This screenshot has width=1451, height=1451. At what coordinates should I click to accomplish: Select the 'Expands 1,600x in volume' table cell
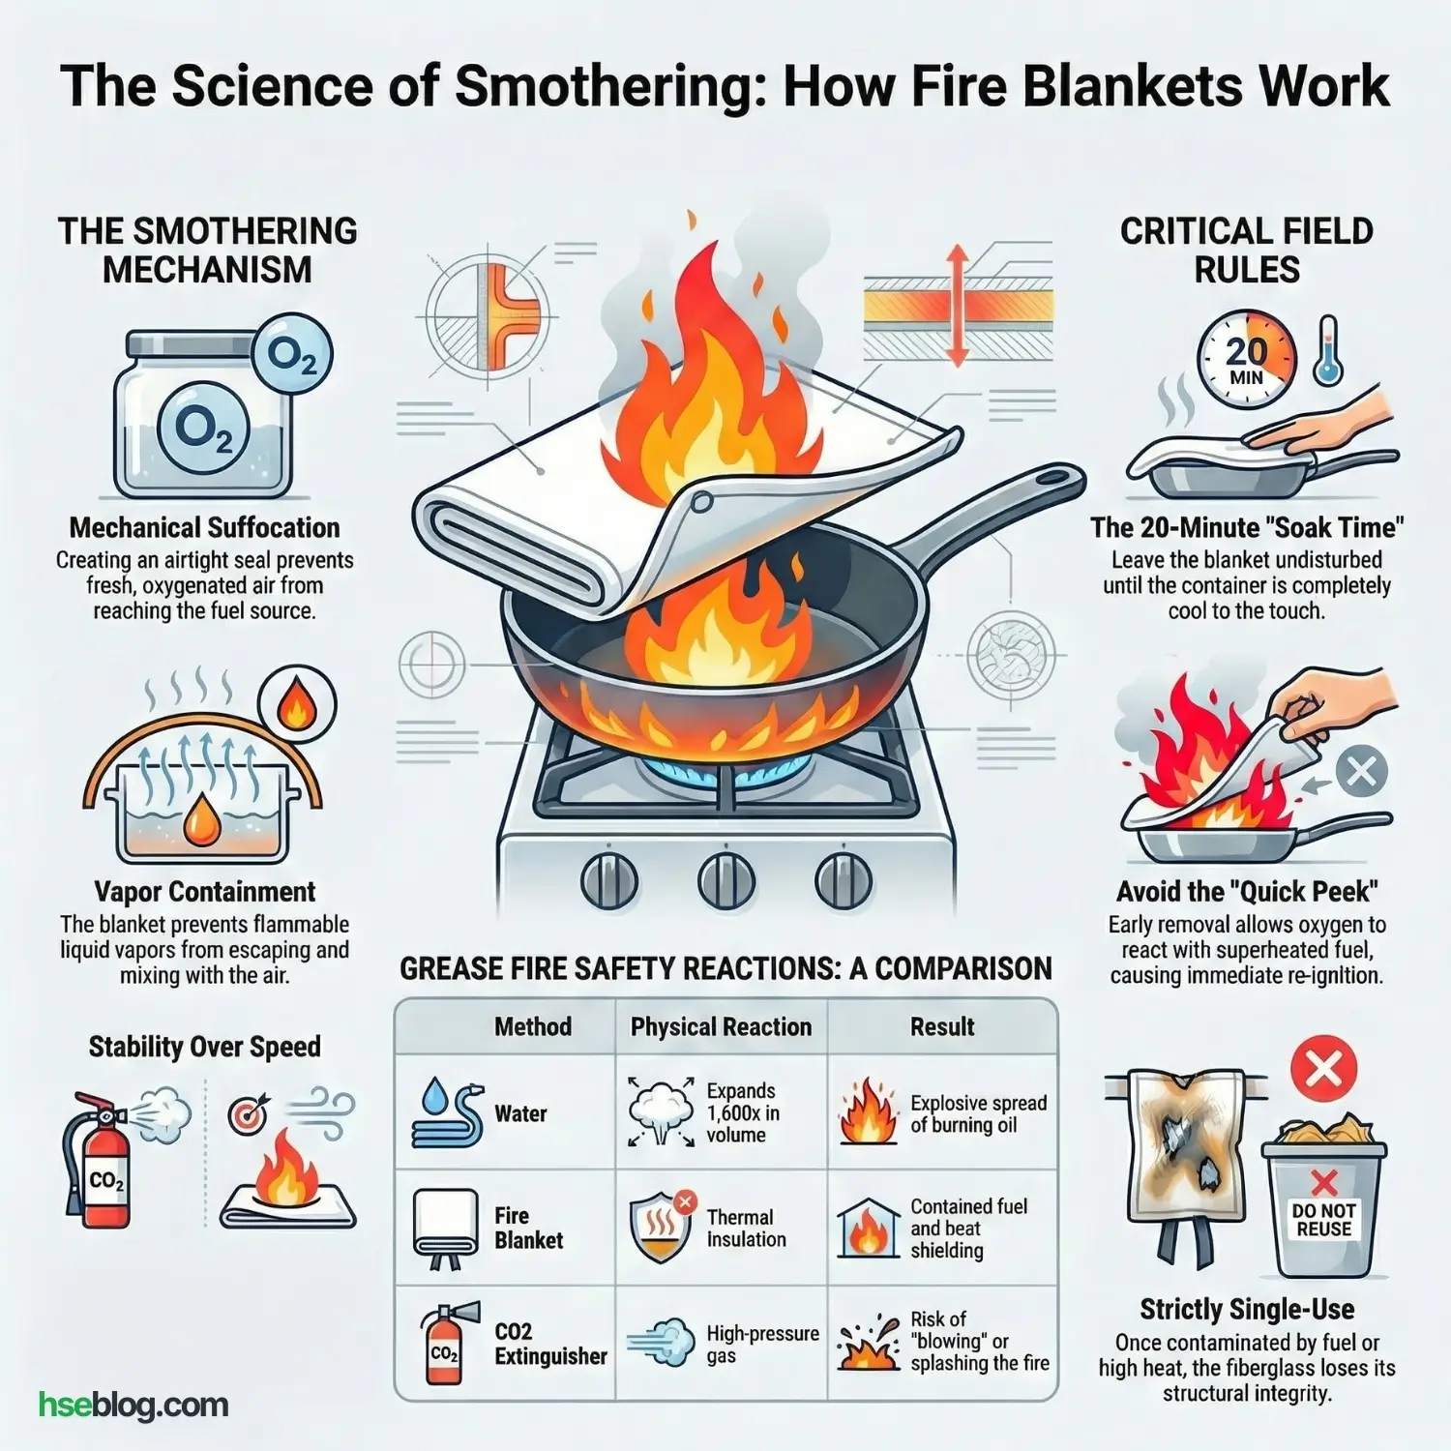click(741, 1112)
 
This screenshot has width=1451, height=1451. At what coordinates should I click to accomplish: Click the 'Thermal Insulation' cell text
click(746, 1229)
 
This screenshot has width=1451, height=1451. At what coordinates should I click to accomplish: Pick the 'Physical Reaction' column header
click(721, 1027)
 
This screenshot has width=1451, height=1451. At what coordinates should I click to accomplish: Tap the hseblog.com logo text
click(133, 1405)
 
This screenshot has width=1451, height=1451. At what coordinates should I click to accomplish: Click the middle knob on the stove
click(725, 879)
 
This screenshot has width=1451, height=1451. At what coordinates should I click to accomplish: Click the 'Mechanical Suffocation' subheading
click(204, 528)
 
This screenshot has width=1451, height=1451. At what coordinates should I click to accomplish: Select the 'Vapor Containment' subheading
click(204, 892)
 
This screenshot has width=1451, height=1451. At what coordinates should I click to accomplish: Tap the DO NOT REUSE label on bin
click(1323, 1220)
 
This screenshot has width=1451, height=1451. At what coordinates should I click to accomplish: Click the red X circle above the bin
click(1323, 1069)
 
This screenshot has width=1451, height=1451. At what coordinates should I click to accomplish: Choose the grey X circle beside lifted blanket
click(1361, 773)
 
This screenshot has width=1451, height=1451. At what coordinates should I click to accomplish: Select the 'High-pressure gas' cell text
click(761, 1345)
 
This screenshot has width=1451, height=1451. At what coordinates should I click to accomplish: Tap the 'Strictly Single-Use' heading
click(1247, 1310)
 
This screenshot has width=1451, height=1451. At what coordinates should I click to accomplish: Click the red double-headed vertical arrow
click(957, 306)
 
